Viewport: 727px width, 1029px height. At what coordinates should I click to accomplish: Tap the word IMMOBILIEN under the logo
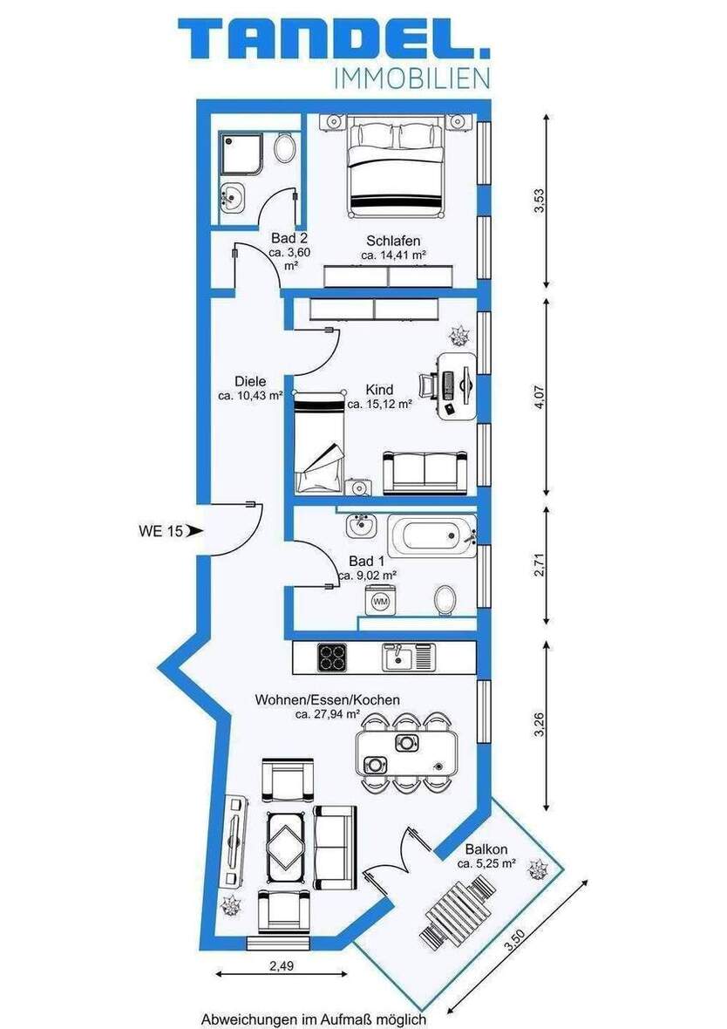411,79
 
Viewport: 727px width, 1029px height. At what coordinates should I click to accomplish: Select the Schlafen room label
393,241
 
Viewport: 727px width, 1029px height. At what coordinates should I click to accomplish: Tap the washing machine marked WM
380,601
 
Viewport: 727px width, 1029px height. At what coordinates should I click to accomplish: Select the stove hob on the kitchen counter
332,656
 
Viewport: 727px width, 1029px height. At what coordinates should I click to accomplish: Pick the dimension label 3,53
540,201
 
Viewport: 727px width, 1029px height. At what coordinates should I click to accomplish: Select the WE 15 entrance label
161,529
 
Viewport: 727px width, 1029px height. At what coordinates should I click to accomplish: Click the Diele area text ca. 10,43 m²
250,395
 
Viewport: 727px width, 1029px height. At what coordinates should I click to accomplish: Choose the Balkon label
486,848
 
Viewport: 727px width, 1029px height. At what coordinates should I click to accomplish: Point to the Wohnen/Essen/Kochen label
327,699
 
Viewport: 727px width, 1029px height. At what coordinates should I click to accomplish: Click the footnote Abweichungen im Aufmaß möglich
313,1019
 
